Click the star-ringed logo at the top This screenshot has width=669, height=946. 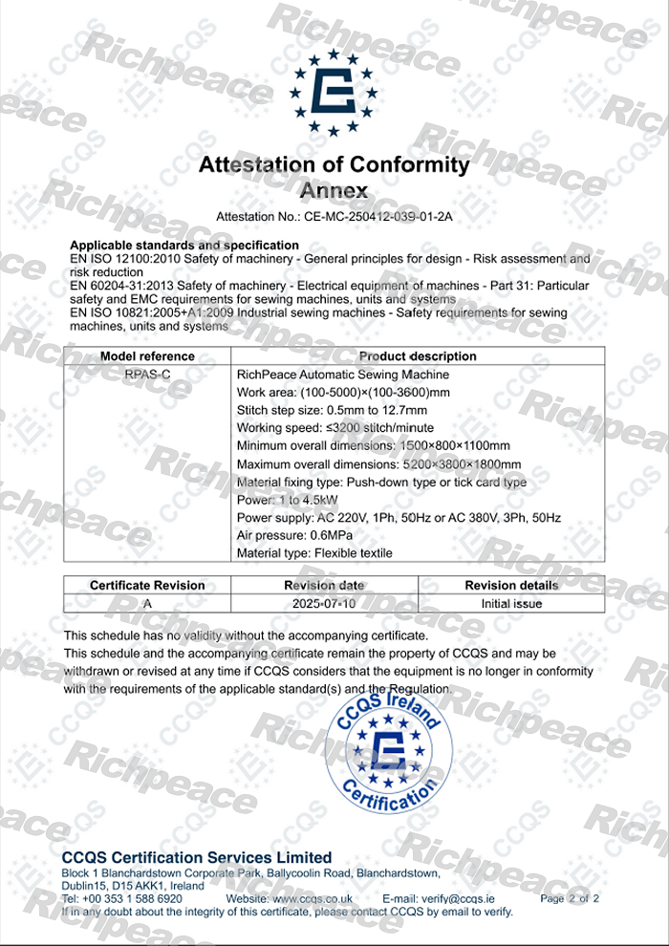tap(334, 93)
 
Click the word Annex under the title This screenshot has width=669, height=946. tap(334, 190)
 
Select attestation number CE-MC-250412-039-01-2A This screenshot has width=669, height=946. tap(388, 218)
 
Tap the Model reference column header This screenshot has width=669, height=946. tap(147, 356)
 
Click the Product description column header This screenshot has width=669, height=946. tap(418, 356)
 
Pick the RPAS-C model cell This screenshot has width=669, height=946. tap(147, 375)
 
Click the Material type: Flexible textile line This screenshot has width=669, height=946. tap(313, 553)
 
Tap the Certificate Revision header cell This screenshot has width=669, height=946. tap(147, 585)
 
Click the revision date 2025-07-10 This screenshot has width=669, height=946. tap(324, 603)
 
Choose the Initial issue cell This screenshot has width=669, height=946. tap(512, 603)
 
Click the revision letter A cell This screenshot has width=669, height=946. tap(147, 603)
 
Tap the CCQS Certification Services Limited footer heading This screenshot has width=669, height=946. tap(197, 857)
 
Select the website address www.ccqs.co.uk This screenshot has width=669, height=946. tap(313, 899)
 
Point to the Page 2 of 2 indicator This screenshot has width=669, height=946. tap(570, 899)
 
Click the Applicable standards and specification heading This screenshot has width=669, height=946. tap(184, 246)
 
